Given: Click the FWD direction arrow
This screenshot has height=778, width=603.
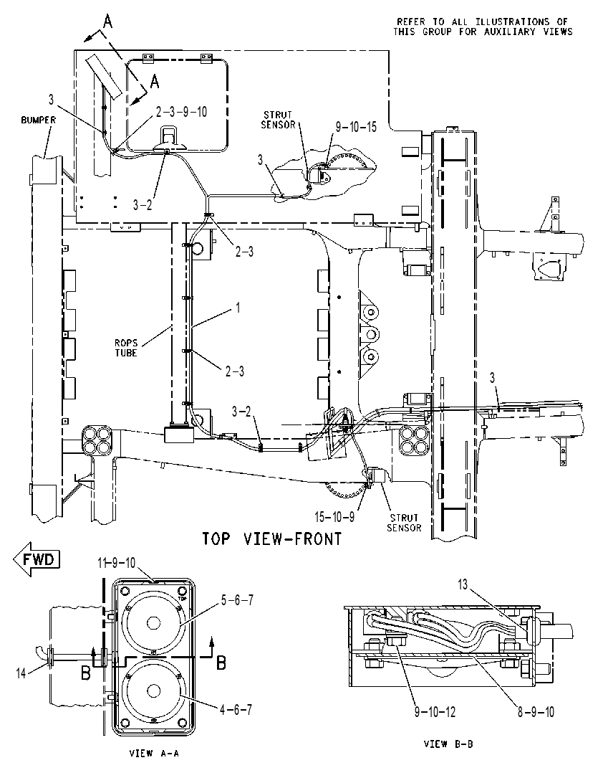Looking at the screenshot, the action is [37, 559].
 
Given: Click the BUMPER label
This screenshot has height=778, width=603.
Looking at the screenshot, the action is [39, 120].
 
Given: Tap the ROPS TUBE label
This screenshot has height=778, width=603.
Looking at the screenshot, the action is [126, 348].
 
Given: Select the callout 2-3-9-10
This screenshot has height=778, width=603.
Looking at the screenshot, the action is [181, 112].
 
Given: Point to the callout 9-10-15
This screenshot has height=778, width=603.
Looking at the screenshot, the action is [356, 127].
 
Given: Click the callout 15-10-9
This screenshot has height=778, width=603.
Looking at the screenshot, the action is [334, 517].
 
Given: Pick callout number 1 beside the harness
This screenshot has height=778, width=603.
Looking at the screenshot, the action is [238, 308].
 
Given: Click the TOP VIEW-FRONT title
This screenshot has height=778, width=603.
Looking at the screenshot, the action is [271, 539].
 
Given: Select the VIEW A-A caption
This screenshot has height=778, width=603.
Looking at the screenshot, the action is [154, 753].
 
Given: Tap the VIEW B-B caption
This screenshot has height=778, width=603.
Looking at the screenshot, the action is [448, 744].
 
